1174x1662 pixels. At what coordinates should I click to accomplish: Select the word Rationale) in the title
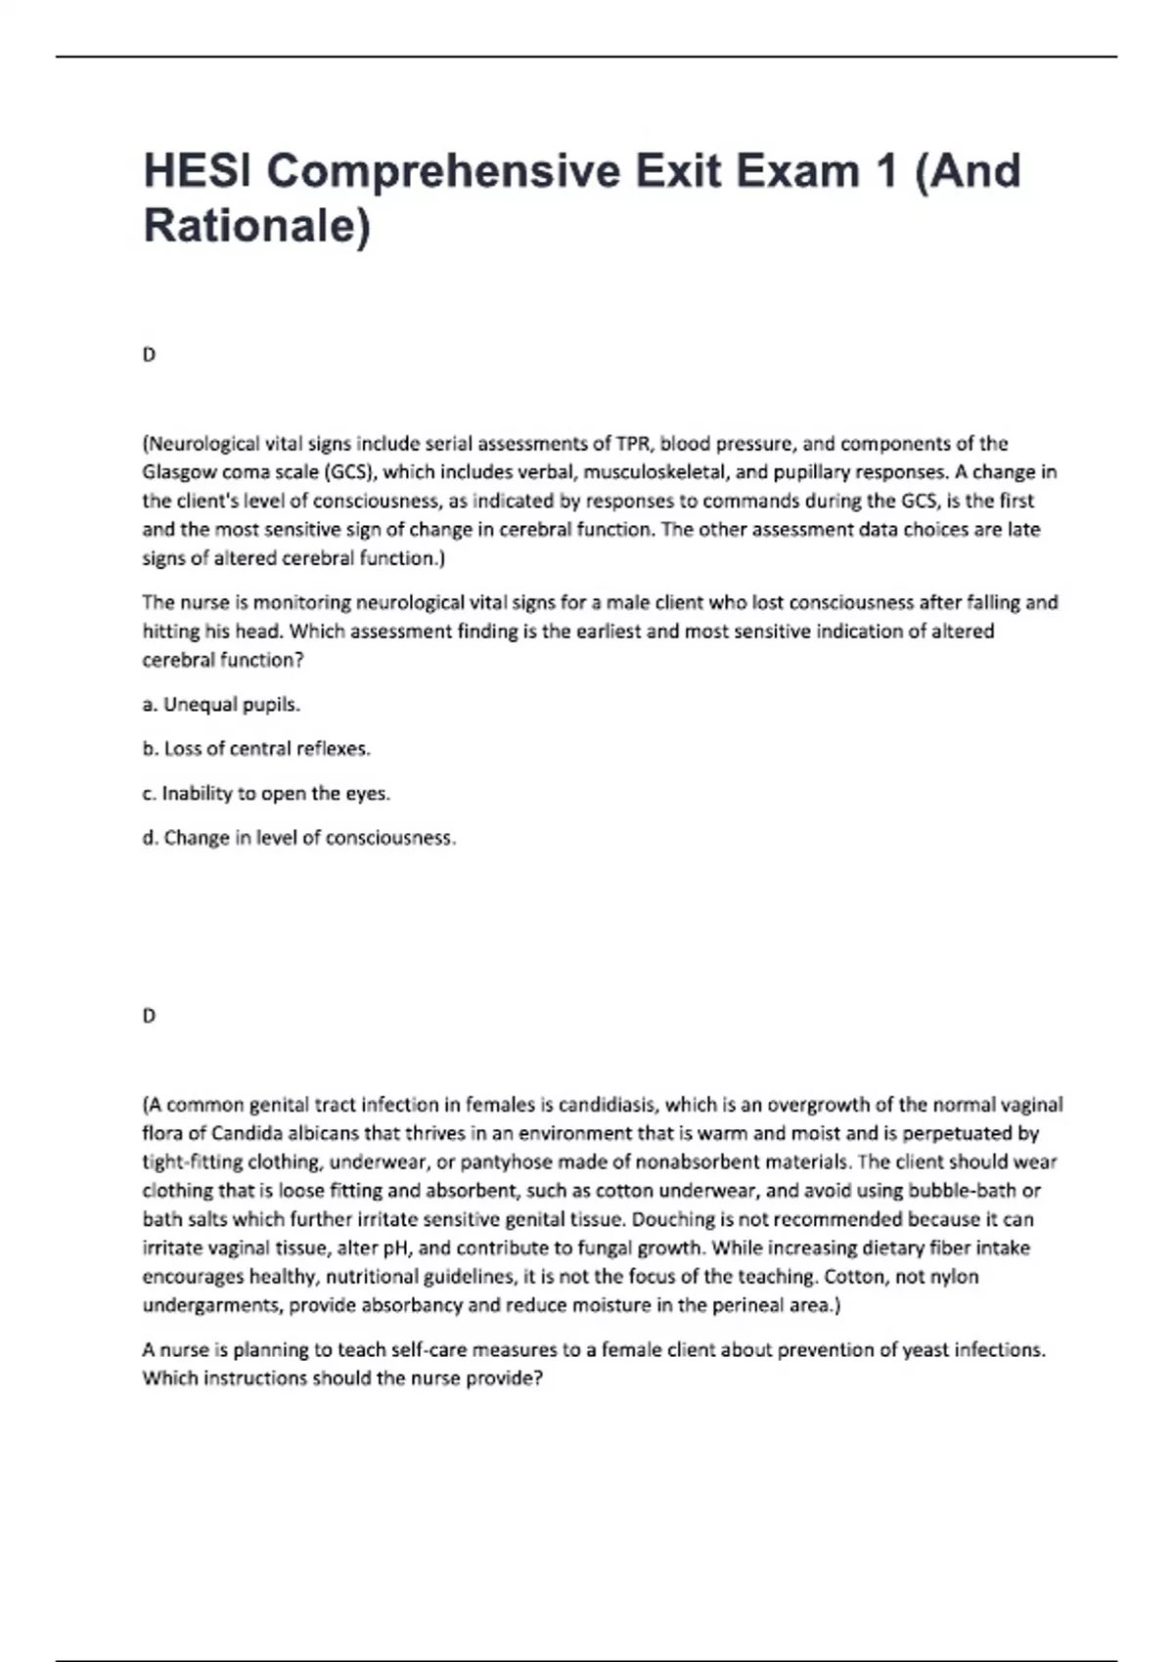[257, 226]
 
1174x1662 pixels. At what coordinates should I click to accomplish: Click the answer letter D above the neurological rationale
[149, 355]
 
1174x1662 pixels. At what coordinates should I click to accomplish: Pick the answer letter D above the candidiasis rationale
[149, 1016]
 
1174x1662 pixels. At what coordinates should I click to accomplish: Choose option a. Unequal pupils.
[221, 705]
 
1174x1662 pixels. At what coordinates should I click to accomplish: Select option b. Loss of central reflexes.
[256, 749]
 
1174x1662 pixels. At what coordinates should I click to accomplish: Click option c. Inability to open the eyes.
[266, 793]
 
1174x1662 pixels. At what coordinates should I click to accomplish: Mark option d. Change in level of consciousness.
[299, 838]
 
